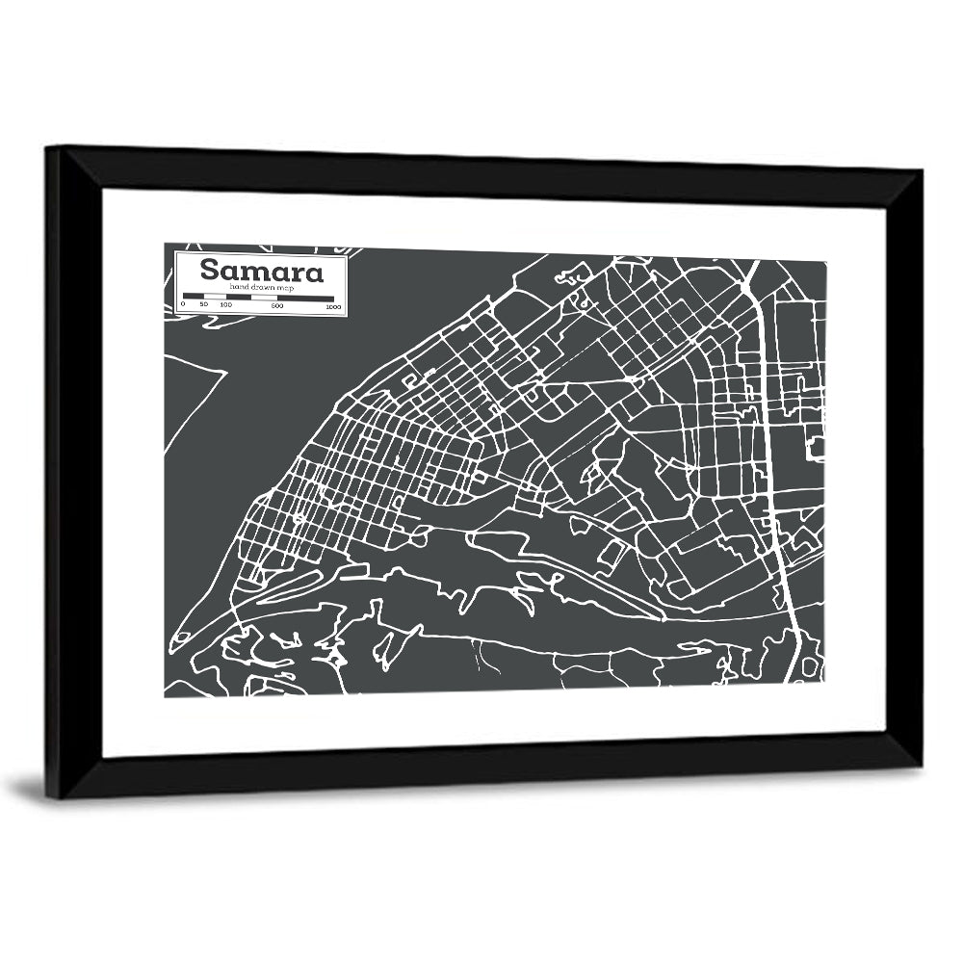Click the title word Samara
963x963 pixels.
click(x=261, y=271)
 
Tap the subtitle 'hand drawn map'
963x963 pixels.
click(x=260, y=288)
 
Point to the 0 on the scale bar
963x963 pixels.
click(x=183, y=305)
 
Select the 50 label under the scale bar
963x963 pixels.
click(x=203, y=305)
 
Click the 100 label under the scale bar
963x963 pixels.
click(x=225, y=305)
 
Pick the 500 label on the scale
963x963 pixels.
click(x=277, y=306)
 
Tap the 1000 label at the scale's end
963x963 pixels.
click(x=333, y=307)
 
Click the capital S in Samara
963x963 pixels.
click(x=209, y=271)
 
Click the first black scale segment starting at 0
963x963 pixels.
click(x=193, y=297)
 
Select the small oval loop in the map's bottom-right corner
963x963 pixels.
click(x=810, y=666)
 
